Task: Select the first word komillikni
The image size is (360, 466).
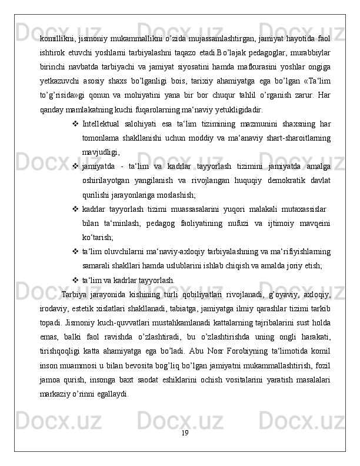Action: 56,39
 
